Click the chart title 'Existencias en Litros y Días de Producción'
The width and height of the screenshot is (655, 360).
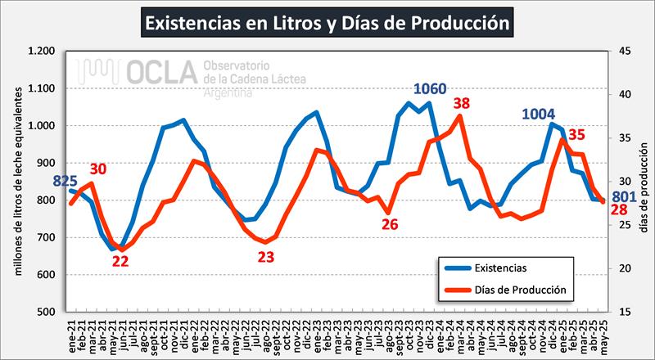coord(327,22)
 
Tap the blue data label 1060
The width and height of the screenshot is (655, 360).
coord(431,88)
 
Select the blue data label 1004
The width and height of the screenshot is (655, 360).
coord(544,114)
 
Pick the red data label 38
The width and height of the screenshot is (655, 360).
coord(463,104)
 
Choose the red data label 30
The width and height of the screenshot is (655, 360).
coord(98,169)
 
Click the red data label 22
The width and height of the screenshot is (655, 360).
coord(120,261)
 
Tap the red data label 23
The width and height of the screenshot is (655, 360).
coord(265,256)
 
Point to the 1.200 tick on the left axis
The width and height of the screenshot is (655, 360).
coord(42,52)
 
